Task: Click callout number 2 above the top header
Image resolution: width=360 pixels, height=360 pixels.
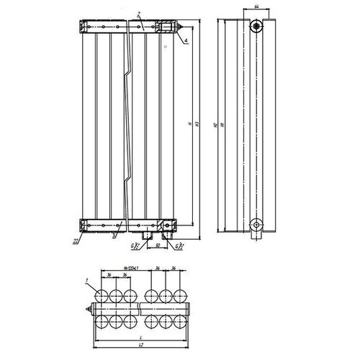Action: point(139,14)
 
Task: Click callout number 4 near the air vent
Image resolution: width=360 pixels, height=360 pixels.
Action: point(185,42)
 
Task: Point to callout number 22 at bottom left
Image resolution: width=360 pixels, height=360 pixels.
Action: point(75,240)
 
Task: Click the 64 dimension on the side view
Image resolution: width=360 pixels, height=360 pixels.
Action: point(257,7)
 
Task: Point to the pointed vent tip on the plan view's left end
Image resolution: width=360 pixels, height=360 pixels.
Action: point(86,310)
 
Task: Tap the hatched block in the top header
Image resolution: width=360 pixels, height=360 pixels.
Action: point(166,27)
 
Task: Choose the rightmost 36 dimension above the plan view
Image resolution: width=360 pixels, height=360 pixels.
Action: point(174,269)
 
